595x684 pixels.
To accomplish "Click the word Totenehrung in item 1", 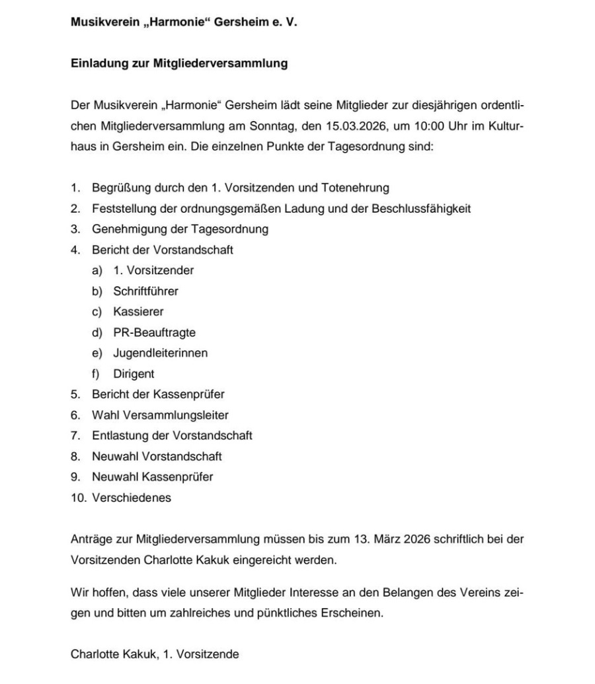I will coord(354,188).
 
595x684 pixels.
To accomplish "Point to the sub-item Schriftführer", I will coord(145,291).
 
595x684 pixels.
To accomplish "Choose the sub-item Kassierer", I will coord(138,311).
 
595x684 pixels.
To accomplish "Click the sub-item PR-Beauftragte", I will coord(154,332).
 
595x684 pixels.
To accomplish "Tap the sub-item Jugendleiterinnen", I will coord(160,353).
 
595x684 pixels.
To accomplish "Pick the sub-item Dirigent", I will coord(134,373).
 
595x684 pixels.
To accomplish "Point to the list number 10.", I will coord(77,498).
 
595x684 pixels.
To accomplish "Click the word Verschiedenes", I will coord(132,498).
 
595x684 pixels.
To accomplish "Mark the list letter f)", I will coord(97,373).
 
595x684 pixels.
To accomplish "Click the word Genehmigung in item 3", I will coord(123,229).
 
